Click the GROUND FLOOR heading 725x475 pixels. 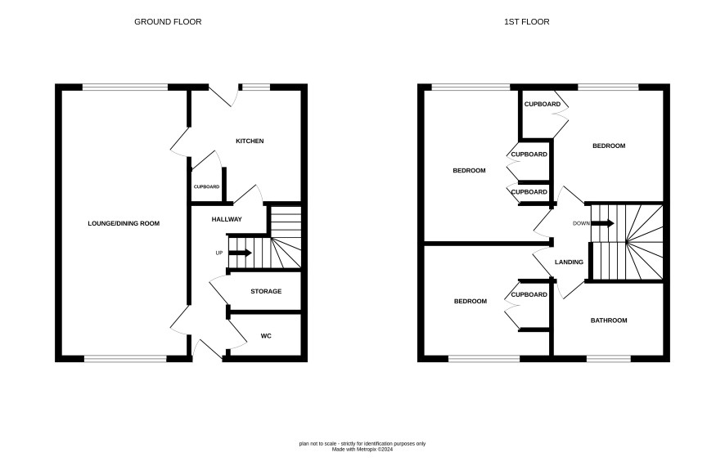(x=168, y=22)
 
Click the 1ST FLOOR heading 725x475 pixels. (x=527, y=22)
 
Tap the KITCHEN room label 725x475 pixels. (x=250, y=141)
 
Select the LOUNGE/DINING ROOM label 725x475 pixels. (x=124, y=224)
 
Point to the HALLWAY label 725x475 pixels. (x=227, y=219)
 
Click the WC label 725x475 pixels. (x=266, y=336)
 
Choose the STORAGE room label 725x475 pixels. (x=266, y=292)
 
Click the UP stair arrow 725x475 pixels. (x=240, y=253)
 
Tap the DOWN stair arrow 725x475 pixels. (x=602, y=224)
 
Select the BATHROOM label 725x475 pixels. (x=609, y=320)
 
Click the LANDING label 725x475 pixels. (x=569, y=262)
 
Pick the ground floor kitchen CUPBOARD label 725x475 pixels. (x=206, y=186)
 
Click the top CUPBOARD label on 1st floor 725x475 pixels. (x=543, y=105)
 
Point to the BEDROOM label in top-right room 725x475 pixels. (x=609, y=146)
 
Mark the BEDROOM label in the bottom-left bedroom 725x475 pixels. (x=471, y=301)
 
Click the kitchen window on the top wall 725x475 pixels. (x=255, y=87)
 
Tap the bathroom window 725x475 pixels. (x=609, y=359)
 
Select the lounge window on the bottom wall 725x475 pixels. (x=125, y=359)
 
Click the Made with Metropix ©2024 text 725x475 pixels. (x=362, y=449)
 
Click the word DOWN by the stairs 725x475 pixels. (x=581, y=224)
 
